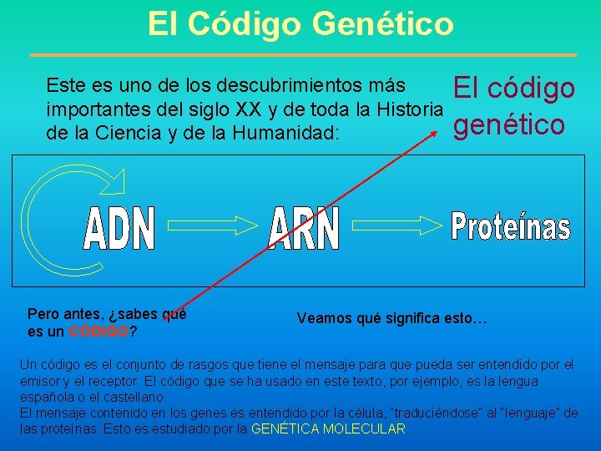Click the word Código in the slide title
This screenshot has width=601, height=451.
[x=246, y=23]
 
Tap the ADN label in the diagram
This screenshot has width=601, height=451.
[x=120, y=229]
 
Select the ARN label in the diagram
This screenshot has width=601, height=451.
[x=305, y=228]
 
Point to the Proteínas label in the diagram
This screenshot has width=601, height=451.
[x=511, y=226]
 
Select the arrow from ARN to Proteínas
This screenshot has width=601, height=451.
[x=396, y=224]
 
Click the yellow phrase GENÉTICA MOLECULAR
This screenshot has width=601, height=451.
[x=328, y=429]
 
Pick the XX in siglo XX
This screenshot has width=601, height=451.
[x=274, y=108]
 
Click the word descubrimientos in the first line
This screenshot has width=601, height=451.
[x=276, y=86]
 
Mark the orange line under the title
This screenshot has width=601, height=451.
[x=303, y=55]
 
